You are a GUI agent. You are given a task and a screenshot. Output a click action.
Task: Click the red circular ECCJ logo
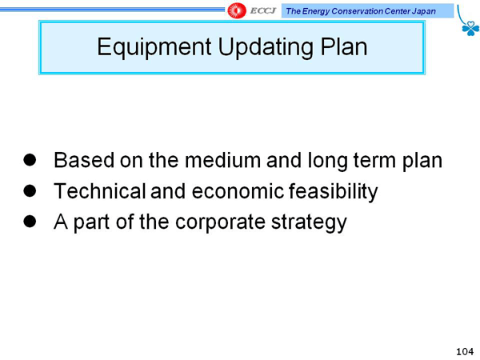(x=237, y=10)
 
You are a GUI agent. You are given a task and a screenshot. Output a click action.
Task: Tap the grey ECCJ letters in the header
(x=263, y=11)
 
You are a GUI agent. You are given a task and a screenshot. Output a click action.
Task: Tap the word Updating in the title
(x=265, y=47)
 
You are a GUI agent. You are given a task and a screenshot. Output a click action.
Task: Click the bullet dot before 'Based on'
(x=30, y=159)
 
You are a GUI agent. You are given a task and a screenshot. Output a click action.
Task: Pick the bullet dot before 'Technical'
(x=30, y=190)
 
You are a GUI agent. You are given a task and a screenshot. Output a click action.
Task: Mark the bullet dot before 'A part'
(x=30, y=222)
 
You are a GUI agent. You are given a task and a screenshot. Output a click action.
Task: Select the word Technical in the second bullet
(x=99, y=191)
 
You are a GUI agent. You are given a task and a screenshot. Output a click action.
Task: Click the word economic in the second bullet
(x=238, y=191)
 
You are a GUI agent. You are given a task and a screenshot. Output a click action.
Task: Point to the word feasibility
(x=334, y=192)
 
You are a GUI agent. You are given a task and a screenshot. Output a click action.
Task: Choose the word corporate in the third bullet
(x=221, y=222)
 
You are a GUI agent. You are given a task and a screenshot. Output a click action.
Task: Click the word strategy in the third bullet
(x=309, y=222)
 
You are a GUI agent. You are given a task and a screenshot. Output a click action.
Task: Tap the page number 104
(x=465, y=351)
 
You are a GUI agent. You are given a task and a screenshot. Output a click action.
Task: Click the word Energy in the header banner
(x=316, y=12)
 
